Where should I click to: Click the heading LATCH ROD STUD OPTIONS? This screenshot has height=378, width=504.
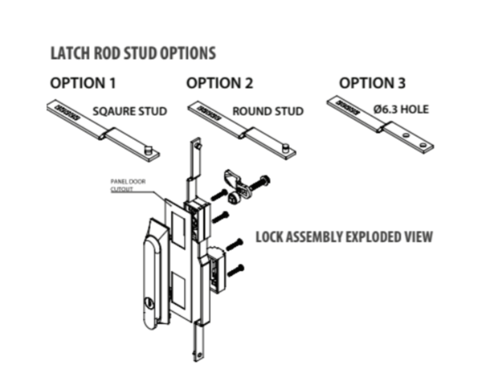(x=132, y=55)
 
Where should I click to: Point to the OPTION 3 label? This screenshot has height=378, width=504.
(x=372, y=83)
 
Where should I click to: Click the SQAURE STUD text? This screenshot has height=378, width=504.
(x=129, y=112)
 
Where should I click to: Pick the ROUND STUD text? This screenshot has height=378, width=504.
(x=267, y=112)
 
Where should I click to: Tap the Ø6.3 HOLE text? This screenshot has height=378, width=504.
(x=402, y=110)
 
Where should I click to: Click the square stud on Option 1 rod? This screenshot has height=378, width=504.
(x=148, y=148)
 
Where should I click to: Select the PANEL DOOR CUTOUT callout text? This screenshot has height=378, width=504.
(x=128, y=186)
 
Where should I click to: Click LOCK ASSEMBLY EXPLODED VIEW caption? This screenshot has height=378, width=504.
(x=343, y=238)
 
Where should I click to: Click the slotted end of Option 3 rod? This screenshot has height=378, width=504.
(x=350, y=105)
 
